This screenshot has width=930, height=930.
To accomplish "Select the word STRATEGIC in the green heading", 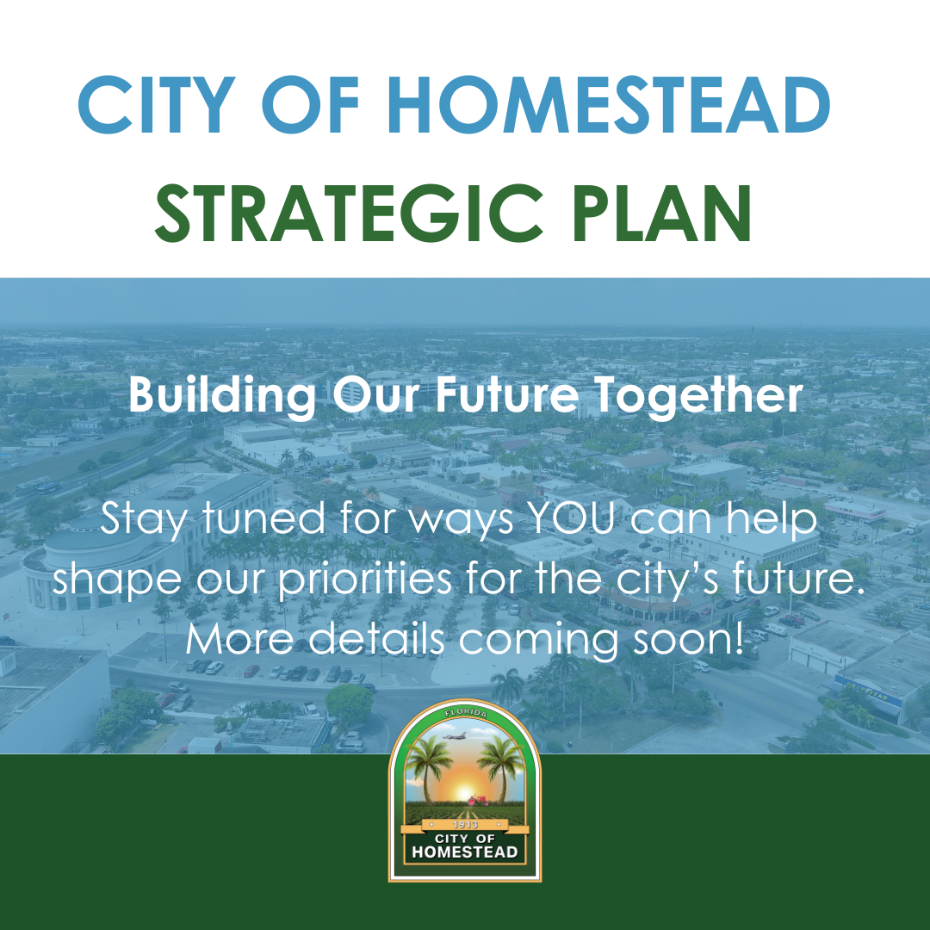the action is click(349, 213).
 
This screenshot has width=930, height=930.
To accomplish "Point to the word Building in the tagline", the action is click(222, 395).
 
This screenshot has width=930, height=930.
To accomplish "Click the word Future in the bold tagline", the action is click(507, 394).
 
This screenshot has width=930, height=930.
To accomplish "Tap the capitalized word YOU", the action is click(571, 518).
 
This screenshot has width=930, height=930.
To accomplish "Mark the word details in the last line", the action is click(377, 638).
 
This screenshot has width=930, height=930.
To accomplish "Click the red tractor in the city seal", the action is click(478, 800).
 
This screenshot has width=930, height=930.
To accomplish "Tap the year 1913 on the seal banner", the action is click(465, 824).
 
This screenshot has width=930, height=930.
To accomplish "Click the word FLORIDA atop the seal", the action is click(466, 713).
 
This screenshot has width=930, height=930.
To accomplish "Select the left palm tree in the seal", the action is click(428, 768).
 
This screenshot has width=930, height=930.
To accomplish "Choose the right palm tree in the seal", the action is click(502, 768).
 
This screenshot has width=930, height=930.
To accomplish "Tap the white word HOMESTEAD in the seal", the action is click(465, 852).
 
